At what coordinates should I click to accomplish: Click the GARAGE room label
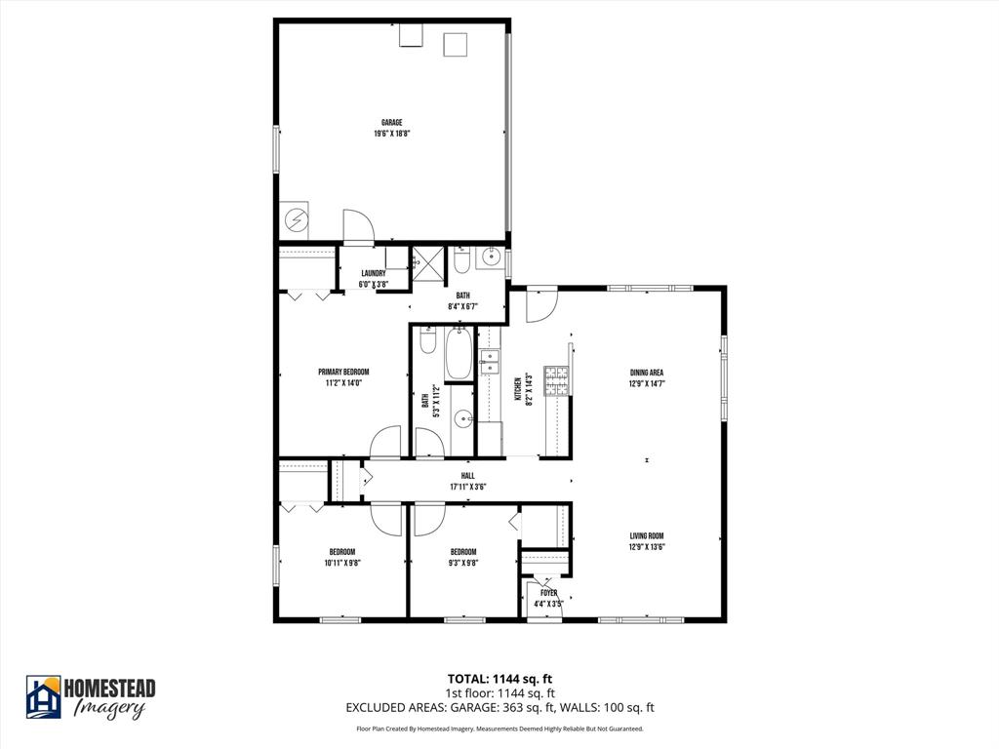[391, 123]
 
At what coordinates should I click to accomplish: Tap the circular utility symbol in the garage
[294, 221]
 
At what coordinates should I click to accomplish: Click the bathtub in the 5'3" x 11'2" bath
[459, 356]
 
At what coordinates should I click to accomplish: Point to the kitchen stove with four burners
[556, 380]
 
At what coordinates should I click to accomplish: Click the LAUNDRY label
[373, 274]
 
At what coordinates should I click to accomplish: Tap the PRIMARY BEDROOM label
[343, 372]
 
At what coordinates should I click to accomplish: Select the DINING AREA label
[647, 372]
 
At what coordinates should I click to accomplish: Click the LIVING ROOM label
[647, 535]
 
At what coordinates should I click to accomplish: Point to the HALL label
[468, 476]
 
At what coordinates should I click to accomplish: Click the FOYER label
[548, 592]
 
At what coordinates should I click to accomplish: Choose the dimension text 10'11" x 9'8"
[341, 563]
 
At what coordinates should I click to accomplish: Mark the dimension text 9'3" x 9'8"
[462, 563]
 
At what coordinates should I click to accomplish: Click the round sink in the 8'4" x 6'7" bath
[491, 260]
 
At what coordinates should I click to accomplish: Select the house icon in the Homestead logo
[44, 696]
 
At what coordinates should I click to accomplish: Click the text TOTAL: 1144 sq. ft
[499, 679]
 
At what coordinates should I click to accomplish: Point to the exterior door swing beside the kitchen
[539, 305]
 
